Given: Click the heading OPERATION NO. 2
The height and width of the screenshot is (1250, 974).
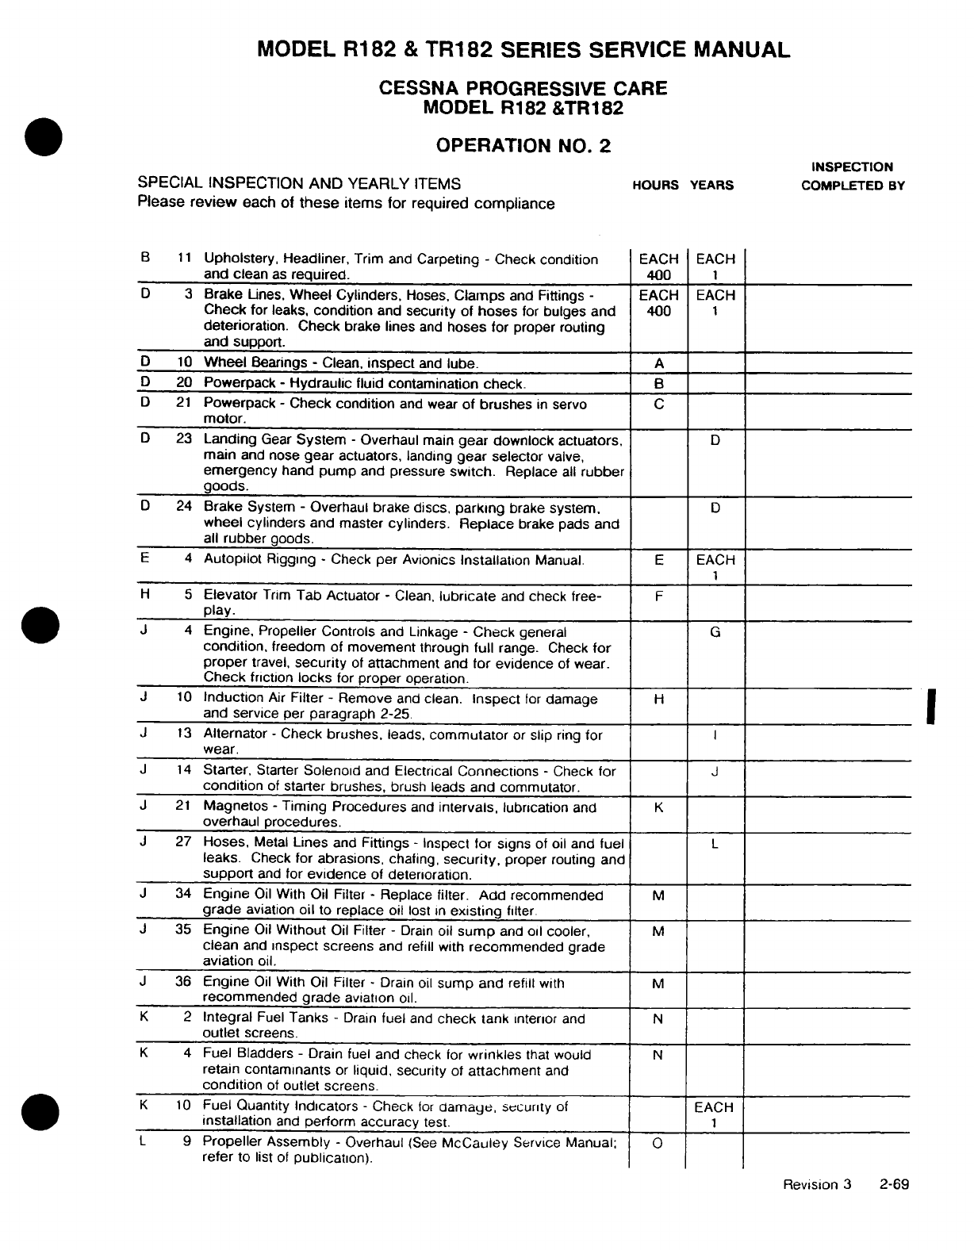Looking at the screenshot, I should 523,146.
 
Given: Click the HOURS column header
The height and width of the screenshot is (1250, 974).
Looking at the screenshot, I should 655,186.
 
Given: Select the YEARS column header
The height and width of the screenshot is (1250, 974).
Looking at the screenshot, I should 711,186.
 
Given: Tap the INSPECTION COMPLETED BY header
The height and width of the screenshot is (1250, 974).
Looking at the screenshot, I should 853,176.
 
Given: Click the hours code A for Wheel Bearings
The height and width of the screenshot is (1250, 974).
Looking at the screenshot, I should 658,364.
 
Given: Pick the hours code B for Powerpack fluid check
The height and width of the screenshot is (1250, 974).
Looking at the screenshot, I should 658,384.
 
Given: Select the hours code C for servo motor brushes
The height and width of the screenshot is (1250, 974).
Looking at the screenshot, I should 658,404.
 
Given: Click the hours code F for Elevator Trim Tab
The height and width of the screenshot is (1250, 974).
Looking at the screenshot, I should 658,596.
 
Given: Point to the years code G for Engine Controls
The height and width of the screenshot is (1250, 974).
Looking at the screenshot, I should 715,633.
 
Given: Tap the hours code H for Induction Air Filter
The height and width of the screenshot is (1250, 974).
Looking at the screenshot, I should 658,700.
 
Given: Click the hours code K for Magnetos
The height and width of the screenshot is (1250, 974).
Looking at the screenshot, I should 658,807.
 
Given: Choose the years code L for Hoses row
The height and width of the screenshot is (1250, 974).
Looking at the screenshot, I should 715,844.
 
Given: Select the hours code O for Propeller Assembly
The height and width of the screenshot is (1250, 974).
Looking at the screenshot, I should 658,1142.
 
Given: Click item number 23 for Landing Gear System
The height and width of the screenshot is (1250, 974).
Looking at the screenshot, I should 184,439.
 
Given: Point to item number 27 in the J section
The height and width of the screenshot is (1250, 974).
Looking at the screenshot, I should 183,842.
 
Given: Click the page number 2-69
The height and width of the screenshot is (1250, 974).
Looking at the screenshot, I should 893,1185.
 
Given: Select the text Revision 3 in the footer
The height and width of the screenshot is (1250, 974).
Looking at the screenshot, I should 816,1185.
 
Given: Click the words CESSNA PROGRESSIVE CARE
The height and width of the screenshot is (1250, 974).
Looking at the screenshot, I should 523,88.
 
